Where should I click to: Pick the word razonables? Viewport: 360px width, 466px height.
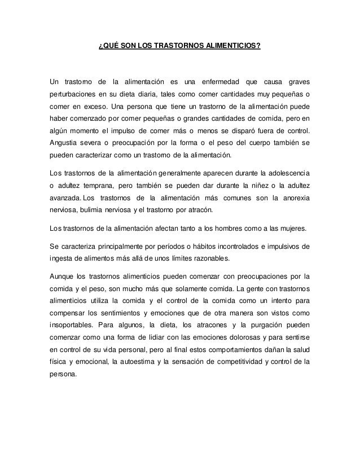202,258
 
